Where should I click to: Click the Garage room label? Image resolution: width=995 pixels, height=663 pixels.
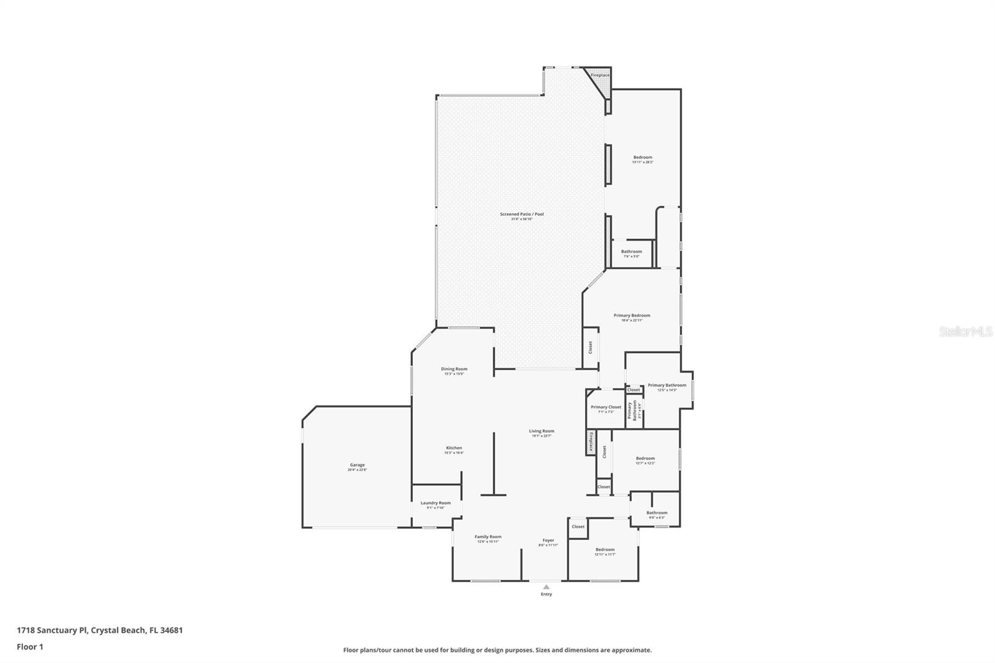(357, 465)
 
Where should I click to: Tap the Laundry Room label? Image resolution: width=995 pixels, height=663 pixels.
(435, 503)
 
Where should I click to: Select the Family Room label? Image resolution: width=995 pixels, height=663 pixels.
(488, 537)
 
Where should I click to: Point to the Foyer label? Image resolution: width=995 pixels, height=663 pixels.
(548, 540)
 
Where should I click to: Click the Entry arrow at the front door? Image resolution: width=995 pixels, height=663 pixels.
(546, 586)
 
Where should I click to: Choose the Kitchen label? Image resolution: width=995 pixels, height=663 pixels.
(453, 448)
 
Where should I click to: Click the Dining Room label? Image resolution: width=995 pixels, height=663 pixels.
(454, 369)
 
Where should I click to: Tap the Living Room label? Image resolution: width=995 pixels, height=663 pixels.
(541, 431)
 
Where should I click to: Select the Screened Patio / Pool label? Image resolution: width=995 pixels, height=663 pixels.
(522, 215)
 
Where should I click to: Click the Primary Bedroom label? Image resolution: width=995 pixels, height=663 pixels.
(632, 316)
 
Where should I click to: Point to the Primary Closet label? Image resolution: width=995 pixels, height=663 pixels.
(606, 407)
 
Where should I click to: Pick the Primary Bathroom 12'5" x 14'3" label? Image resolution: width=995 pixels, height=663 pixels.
(667, 386)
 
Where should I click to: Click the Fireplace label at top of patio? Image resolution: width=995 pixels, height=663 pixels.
(599, 75)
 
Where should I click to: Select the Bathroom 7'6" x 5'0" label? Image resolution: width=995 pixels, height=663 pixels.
(631, 252)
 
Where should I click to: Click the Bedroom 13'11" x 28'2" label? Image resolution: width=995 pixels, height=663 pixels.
(642, 158)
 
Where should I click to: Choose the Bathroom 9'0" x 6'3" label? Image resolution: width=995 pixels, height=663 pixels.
(656, 513)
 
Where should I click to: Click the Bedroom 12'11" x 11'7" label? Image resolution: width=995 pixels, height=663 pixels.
(604, 550)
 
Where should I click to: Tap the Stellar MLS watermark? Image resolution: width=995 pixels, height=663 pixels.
(965, 332)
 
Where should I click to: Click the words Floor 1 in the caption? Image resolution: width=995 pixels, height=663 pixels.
(30, 647)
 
